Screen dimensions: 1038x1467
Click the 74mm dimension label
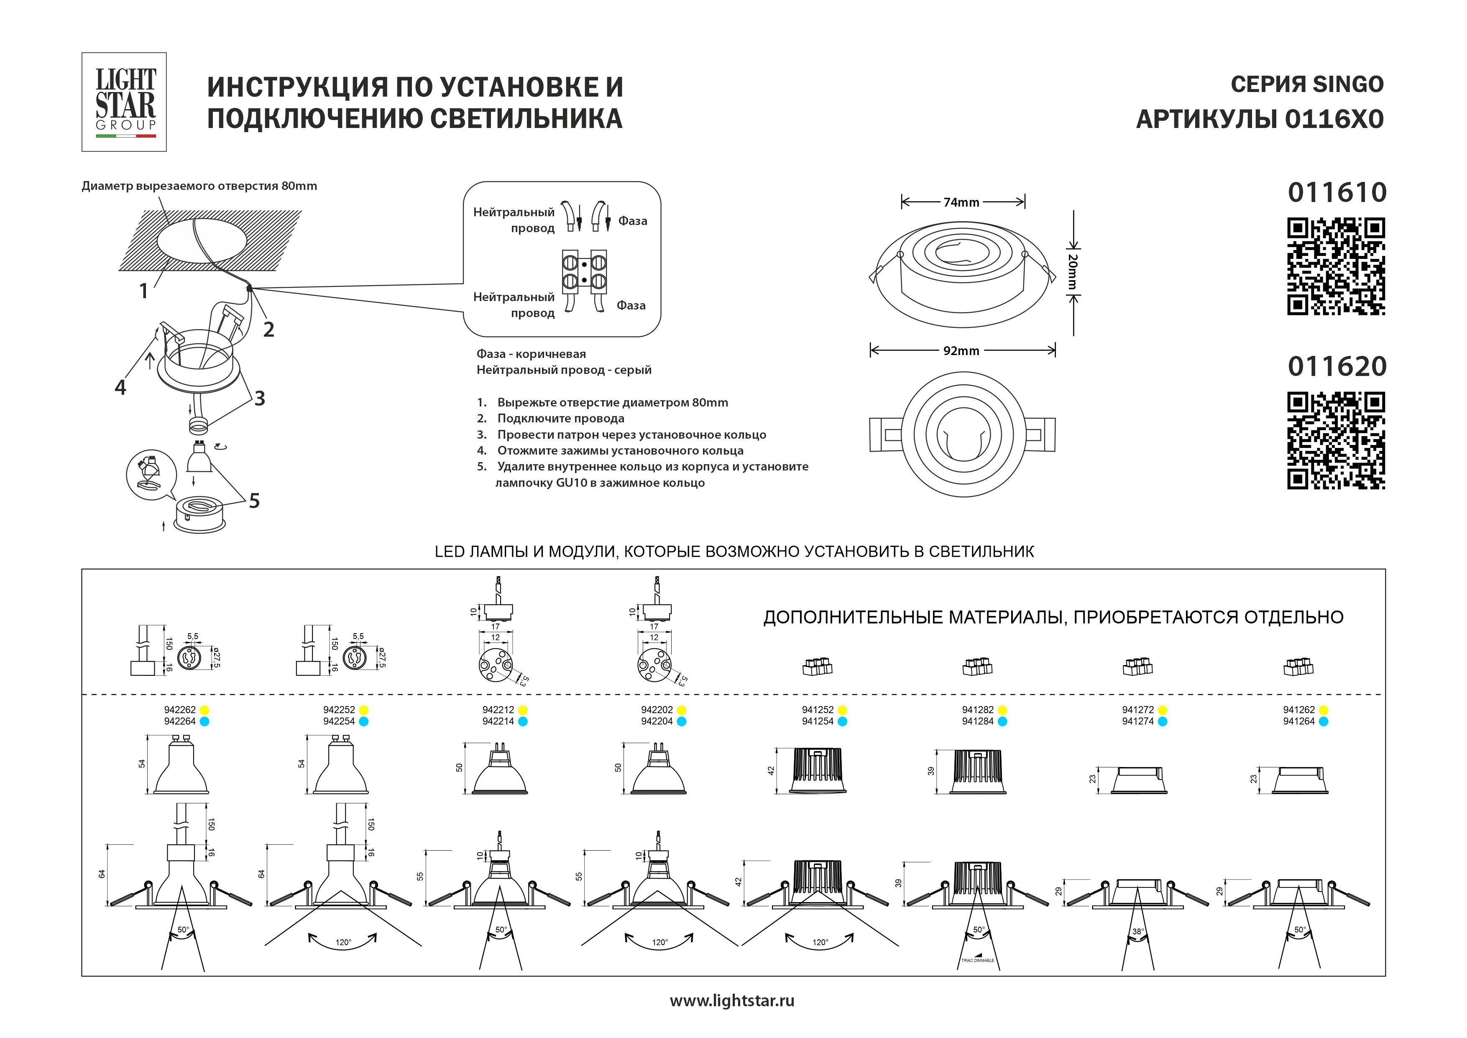961,202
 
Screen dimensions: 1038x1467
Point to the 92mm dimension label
961,351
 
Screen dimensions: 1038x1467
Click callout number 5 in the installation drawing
254,501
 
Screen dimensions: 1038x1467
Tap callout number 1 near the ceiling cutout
144,291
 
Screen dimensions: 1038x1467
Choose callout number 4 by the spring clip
120,387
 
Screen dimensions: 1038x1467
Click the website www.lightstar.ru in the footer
732,1000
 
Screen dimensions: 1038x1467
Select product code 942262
179,709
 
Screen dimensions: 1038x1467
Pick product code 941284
978,721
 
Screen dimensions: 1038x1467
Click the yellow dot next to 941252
842,710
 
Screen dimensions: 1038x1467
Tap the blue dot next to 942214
523,721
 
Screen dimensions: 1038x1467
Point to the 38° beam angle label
1138,932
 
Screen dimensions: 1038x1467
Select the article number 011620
1337,366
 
